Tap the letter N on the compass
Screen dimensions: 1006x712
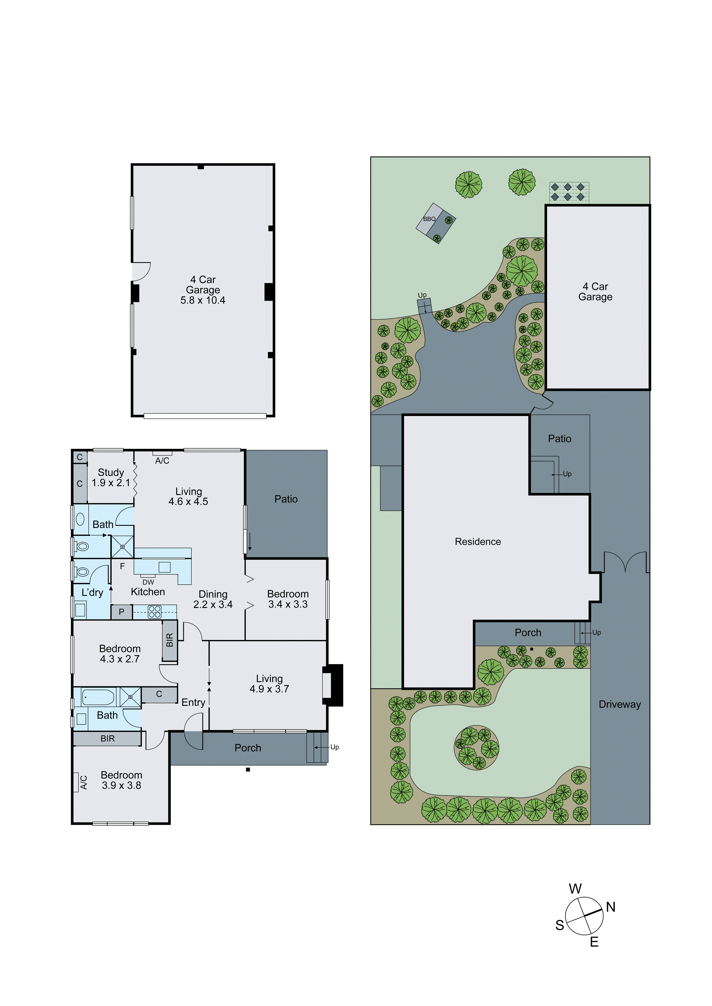pyautogui.click(x=611, y=907)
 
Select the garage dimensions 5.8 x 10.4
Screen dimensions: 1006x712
pyautogui.click(x=203, y=300)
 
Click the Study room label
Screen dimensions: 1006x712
pyautogui.click(x=111, y=472)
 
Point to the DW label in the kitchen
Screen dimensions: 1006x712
pyautogui.click(x=148, y=582)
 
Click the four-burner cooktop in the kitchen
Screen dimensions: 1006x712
pyautogui.click(x=154, y=612)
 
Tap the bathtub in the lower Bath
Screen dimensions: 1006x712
pyautogui.click(x=98, y=697)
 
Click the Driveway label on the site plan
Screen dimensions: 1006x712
pyautogui.click(x=619, y=705)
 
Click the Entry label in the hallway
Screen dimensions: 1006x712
pyautogui.click(x=193, y=702)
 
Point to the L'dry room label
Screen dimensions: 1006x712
pyautogui.click(x=93, y=593)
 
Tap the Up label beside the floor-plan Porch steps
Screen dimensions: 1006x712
pyautogui.click(x=334, y=747)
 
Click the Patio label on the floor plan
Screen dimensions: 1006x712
pyautogui.click(x=286, y=499)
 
